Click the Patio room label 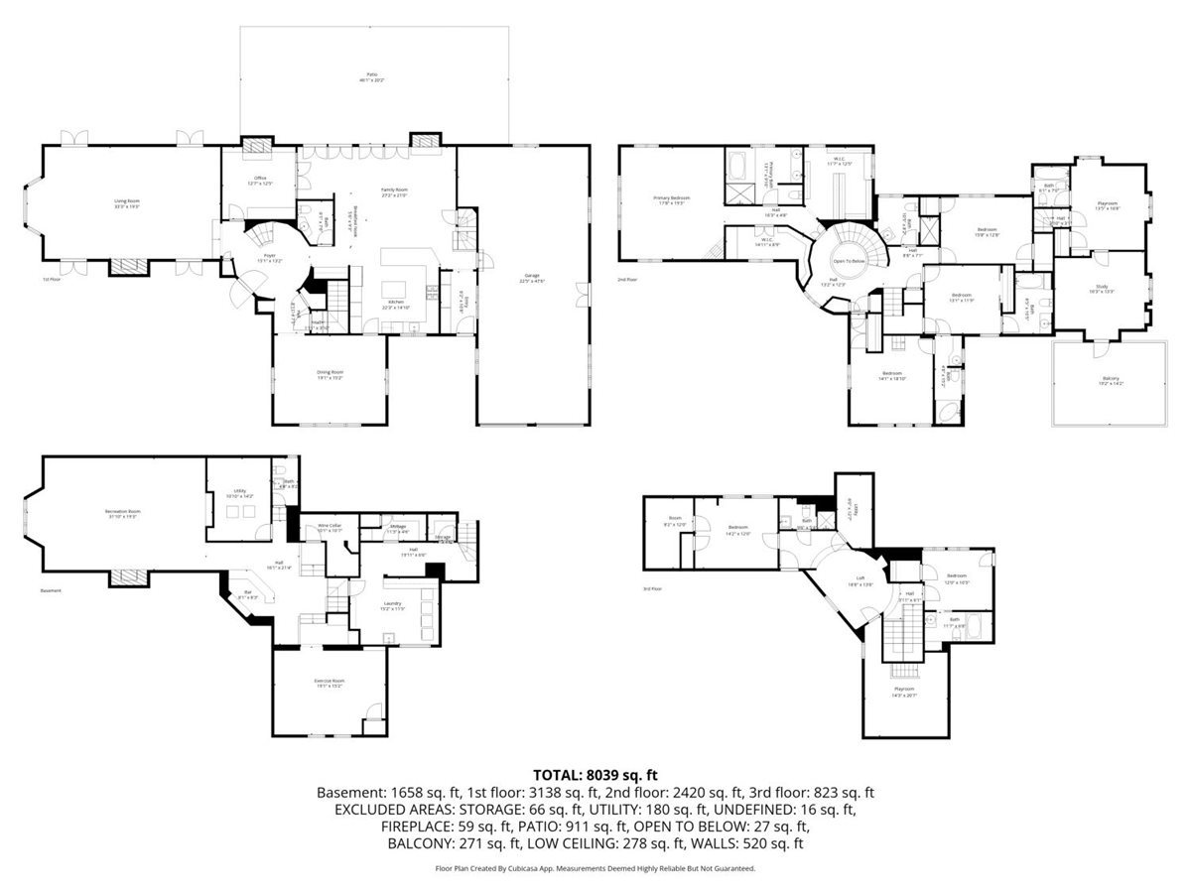point(372,75)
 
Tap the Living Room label point(126,202)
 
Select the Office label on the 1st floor point(260,179)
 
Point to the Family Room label point(395,190)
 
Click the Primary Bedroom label point(671,198)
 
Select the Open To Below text point(849,261)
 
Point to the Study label point(1101,286)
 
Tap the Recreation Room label point(122,512)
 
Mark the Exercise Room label point(330,681)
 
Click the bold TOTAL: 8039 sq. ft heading point(595,774)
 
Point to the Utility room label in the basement point(240,490)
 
